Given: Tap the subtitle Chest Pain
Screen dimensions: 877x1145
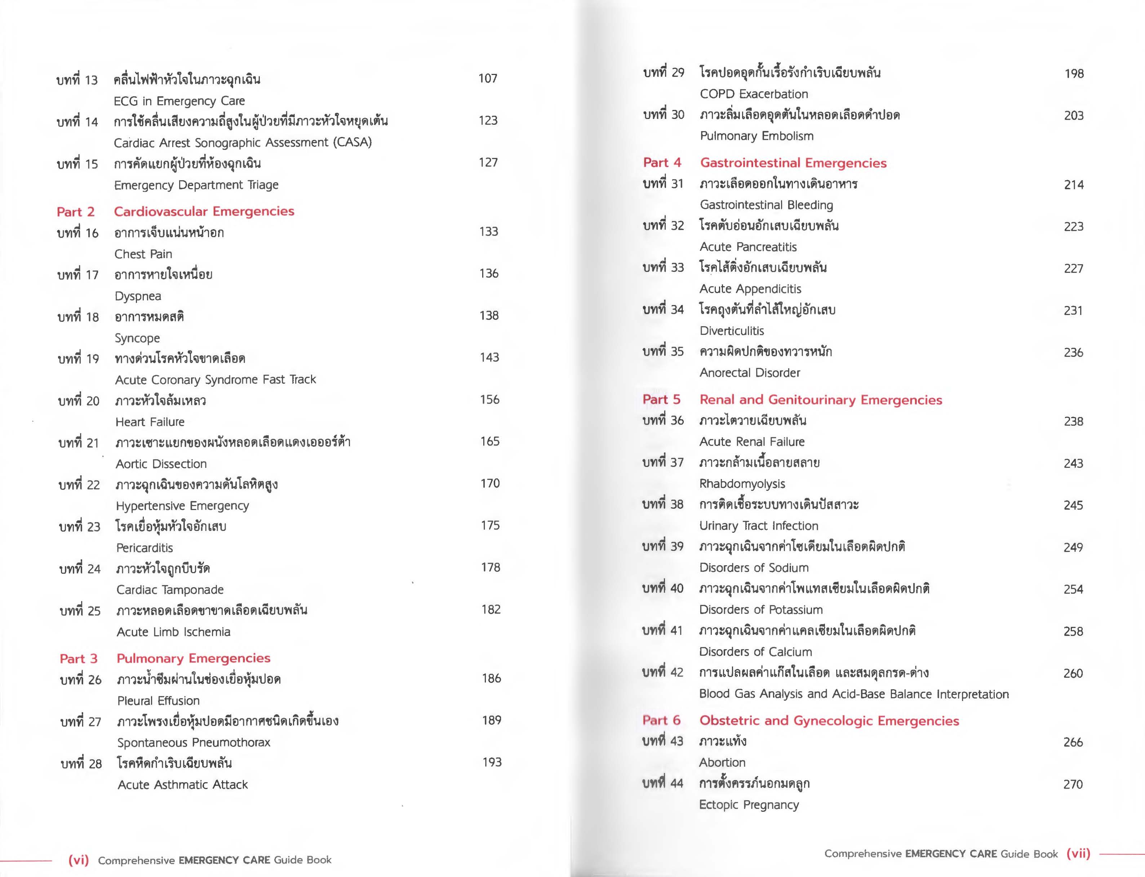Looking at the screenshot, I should [x=143, y=254].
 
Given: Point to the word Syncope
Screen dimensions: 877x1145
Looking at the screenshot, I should [x=137, y=338].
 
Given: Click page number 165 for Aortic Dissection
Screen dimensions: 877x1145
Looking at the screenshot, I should [x=489, y=442].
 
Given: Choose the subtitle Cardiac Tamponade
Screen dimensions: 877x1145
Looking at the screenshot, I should [x=170, y=590].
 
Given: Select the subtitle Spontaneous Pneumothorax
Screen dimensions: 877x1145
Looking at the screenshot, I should [x=194, y=742].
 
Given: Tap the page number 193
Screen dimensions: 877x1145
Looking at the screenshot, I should [x=492, y=762].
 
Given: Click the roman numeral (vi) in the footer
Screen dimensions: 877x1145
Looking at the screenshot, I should [x=79, y=860].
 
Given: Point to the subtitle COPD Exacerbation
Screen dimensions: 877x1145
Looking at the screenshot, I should [x=754, y=94].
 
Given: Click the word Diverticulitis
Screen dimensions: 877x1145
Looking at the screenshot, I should [x=732, y=331].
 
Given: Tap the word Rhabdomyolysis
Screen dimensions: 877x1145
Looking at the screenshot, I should [x=742, y=484].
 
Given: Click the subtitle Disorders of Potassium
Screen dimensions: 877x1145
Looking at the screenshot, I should [x=760, y=610].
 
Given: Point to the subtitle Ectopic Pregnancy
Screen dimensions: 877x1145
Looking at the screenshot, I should [x=749, y=805].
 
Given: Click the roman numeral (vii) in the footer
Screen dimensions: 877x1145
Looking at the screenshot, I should [x=1079, y=854].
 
